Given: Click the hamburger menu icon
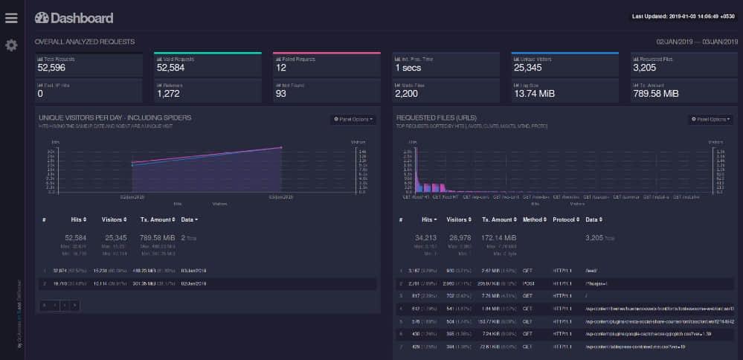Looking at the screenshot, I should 11,18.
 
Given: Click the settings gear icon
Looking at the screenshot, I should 11,45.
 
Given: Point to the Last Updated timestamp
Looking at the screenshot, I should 681,16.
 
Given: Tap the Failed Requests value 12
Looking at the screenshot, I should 281,68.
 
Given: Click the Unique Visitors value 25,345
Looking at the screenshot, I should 529,68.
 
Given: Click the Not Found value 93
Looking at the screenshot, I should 281,94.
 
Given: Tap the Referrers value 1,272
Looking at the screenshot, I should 169,94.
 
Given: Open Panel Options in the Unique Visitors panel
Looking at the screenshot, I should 353,119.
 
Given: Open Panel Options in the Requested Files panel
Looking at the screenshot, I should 711,119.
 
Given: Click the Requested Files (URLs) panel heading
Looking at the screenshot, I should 437,118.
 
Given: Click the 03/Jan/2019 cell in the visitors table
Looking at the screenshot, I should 193,271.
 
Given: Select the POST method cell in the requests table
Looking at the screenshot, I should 530,283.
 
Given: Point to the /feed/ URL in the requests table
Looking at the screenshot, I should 593,271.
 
